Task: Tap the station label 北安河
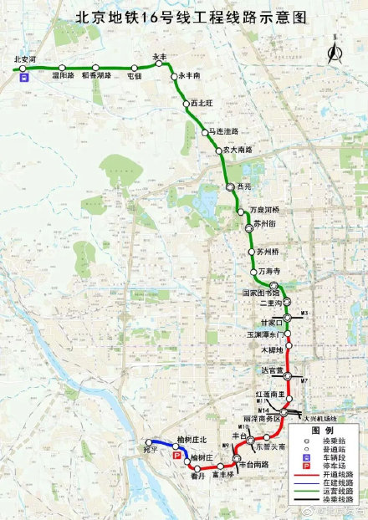(25, 59)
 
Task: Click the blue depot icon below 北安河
(25, 78)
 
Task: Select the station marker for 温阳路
(61, 67)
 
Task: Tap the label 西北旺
(203, 103)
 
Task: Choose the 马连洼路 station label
(223, 131)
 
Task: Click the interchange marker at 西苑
(230, 187)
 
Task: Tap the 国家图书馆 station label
(258, 293)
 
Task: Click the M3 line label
(305, 313)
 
